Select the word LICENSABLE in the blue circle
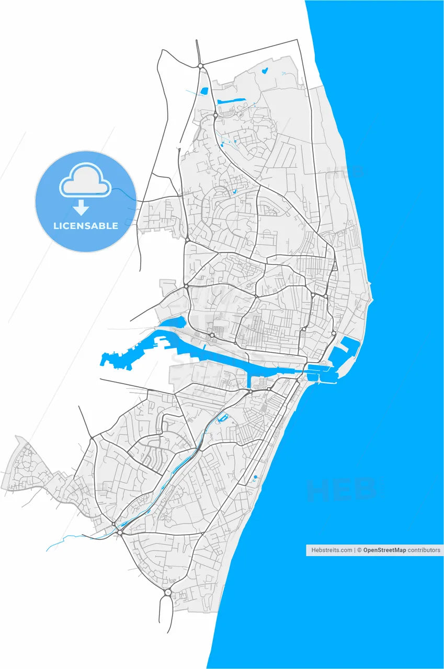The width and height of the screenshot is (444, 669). pos(86,226)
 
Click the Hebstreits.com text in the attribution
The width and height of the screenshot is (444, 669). pos(332,550)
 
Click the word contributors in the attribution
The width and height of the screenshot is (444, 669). pos(424,550)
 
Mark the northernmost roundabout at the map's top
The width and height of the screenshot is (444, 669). pos(200,66)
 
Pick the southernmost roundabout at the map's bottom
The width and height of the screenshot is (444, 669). pos(167,592)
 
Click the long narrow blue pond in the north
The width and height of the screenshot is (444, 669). pos(231,101)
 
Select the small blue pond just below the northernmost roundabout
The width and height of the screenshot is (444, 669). pos(204,91)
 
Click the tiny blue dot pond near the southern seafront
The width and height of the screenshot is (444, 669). pos(255,477)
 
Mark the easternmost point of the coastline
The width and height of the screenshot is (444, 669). pos(372,285)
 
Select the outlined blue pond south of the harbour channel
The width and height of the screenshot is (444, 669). pos(223,418)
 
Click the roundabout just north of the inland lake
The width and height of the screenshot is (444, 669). pos(212,335)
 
